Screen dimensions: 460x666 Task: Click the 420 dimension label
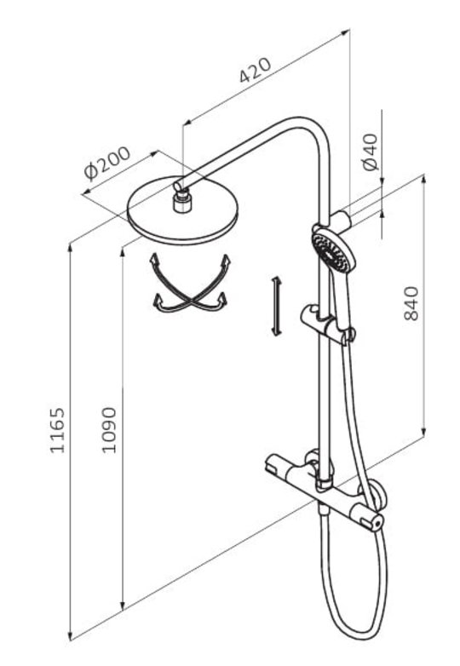tap(255, 70)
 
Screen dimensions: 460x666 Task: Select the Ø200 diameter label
tap(107, 163)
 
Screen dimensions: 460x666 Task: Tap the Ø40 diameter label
tap(371, 152)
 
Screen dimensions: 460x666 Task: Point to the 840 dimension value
tap(411, 303)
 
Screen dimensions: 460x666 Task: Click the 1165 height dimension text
tap(57, 430)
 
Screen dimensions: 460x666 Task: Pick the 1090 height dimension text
tap(109, 430)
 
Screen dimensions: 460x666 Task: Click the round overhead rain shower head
tap(182, 211)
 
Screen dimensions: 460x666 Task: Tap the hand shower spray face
tap(331, 252)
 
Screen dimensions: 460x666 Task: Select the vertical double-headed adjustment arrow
tap(277, 307)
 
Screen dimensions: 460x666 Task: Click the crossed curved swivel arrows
tap(190, 284)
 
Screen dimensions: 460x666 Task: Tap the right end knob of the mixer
tap(375, 522)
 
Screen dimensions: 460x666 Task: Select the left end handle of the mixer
tap(276, 465)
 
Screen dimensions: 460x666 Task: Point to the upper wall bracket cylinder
tap(341, 219)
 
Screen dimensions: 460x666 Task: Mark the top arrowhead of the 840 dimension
tap(423, 181)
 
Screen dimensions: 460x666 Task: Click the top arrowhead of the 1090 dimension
tap(123, 253)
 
